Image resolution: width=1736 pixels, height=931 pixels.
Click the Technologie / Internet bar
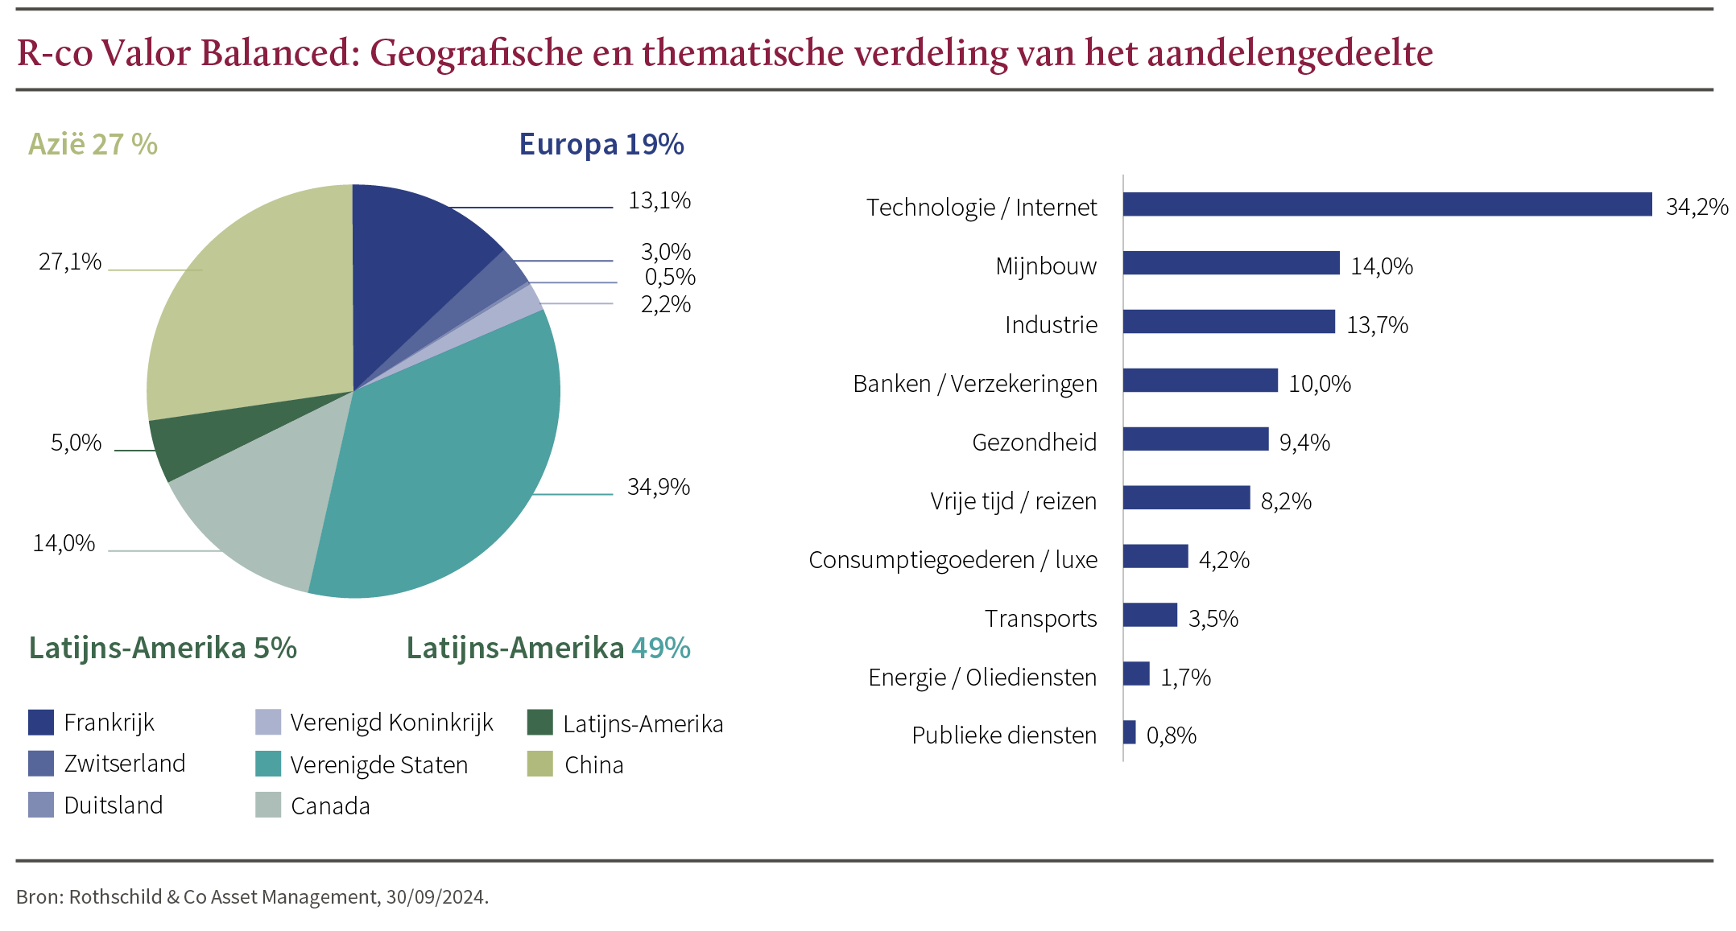[x=1387, y=204]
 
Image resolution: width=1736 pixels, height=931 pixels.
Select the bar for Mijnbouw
[x=1230, y=263]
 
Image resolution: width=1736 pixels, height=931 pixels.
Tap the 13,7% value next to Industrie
[x=1377, y=325]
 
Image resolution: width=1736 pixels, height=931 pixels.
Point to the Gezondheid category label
[x=1034, y=443]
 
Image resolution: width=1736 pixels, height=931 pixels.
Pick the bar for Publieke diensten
[x=1129, y=732]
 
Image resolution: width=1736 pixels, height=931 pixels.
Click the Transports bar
[x=1150, y=615]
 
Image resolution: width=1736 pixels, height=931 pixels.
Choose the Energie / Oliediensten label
[x=982, y=678]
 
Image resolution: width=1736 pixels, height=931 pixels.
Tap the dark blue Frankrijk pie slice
[x=411, y=257]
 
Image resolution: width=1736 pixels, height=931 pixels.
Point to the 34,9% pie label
[x=658, y=487]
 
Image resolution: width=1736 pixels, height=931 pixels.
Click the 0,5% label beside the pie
[x=669, y=277]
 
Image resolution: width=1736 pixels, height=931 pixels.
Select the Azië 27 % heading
[x=93, y=144]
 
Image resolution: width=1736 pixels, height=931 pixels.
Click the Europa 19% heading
[x=601, y=144]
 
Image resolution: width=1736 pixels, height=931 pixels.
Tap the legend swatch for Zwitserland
[x=41, y=764]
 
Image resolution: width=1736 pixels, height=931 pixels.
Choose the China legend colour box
[x=540, y=764]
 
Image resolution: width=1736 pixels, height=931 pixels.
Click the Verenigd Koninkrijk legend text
[x=391, y=723]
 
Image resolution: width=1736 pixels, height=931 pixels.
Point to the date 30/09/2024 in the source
[x=436, y=897]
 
